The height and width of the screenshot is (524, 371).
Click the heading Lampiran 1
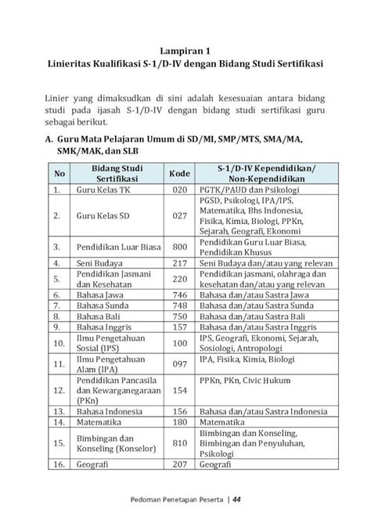tap(185, 49)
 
